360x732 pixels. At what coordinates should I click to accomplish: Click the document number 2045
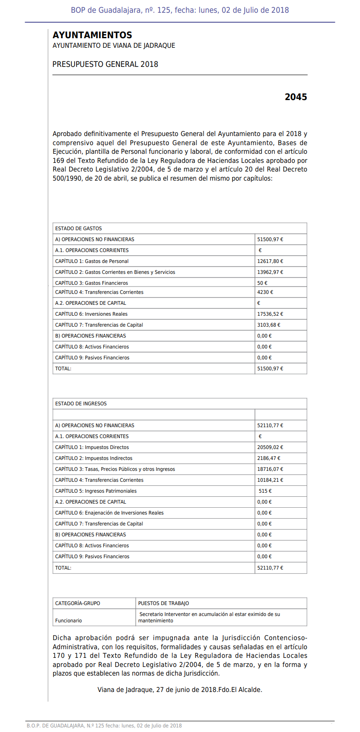[296, 97]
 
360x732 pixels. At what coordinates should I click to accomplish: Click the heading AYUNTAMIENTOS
[92, 35]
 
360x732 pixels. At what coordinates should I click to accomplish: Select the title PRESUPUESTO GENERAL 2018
[105, 64]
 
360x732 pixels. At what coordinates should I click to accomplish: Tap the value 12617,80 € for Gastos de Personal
[270, 261]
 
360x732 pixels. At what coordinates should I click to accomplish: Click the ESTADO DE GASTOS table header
[78, 228]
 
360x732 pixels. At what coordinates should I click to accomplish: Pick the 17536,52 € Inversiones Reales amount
[270, 314]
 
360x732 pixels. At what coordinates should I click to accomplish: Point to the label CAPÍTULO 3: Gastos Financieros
[91, 283]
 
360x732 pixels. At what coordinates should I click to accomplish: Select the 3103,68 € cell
[269, 325]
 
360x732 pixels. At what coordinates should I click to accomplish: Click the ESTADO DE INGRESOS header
[81, 404]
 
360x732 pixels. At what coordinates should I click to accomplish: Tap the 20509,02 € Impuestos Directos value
[270, 447]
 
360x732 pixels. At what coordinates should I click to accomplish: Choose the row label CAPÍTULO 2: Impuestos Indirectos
[94, 458]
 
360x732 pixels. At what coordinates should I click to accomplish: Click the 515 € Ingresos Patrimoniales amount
[265, 491]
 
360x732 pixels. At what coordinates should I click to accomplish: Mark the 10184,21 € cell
[270, 480]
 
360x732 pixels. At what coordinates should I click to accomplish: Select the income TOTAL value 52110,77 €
[270, 568]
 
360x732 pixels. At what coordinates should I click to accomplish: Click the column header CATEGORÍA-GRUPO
[77, 603]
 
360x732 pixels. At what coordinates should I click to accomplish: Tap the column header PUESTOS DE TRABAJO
[163, 603]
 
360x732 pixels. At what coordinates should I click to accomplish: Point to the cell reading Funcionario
[68, 621]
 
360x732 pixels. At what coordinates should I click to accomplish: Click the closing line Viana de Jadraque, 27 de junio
[179, 690]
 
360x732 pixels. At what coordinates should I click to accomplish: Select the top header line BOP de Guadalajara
[179, 10]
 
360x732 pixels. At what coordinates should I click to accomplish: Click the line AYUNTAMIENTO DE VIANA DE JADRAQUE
[114, 45]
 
